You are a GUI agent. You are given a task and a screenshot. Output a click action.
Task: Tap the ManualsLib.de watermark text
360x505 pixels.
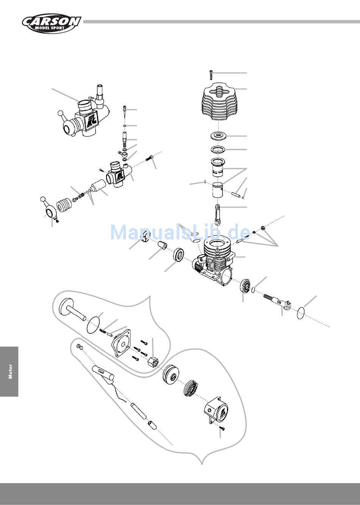(x=180, y=232)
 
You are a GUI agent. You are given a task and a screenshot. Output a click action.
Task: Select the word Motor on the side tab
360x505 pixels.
(x=10, y=372)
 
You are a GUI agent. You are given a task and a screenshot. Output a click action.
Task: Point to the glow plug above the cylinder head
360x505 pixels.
(x=211, y=75)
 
